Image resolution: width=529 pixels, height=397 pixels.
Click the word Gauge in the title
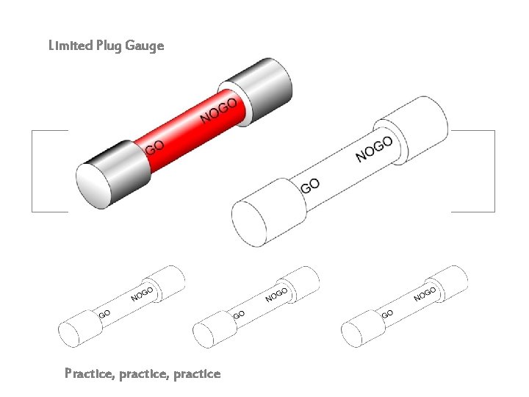point(145,46)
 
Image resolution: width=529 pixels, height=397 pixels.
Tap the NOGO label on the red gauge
point(218,111)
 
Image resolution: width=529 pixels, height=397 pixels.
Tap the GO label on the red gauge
point(154,149)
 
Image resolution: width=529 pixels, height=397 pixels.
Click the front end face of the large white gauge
point(251,221)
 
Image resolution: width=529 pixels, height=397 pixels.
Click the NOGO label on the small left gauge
point(142,295)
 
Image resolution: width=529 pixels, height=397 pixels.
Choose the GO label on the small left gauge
point(104,314)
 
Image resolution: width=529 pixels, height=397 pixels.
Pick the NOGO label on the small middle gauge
point(276,295)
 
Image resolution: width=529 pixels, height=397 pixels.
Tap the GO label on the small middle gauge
point(239,314)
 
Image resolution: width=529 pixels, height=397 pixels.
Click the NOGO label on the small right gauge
point(425,295)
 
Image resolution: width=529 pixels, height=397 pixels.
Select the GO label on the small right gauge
point(387,314)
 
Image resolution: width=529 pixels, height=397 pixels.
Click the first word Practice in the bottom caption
point(89,374)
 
